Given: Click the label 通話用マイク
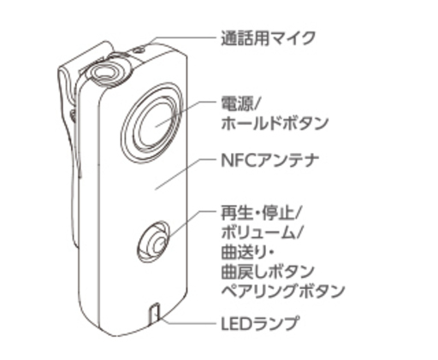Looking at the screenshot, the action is (268, 38).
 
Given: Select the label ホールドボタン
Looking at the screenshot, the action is (275, 123).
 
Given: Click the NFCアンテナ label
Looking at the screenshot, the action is (269, 161).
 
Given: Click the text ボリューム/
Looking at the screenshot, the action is (262, 233).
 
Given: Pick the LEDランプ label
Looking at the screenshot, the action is (261, 323).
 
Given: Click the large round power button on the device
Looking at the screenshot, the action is (152, 123).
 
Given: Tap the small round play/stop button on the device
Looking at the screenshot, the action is (153, 241).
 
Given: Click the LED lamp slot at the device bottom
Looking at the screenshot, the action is (154, 314).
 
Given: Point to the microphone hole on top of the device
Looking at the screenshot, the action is (139, 50).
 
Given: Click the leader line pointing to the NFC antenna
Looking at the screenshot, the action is (185, 174).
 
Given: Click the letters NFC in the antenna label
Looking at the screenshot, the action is (237, 161).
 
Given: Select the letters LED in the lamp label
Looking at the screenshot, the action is (237, 323).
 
